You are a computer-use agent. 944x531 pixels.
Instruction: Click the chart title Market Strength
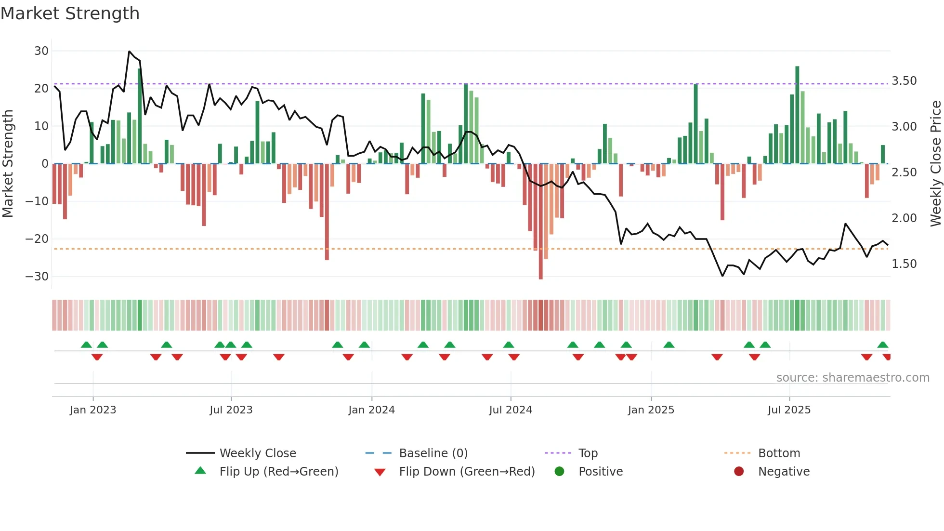pyautogui.click(x=70, y=13)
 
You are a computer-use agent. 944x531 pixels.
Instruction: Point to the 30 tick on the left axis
pyautogui.click(x=41, y=51)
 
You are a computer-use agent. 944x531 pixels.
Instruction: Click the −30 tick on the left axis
pyautogui.click(x=37, y=277)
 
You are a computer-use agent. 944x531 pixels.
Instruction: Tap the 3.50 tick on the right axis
pyautogui.click(x=904, y=81)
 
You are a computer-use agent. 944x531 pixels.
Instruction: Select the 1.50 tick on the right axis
pyautogui.click(x=904, y=264)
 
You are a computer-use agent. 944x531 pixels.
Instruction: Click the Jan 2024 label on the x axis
pyautogui.click(x=371, y=410)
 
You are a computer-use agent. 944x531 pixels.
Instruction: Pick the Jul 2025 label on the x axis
pyautogui.click(x=789, y=410)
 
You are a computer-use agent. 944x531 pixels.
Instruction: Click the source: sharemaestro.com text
pyautogui.click(x=852, y=378)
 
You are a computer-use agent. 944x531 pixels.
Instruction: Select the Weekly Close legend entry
pyautogui.click(x=258, y=453)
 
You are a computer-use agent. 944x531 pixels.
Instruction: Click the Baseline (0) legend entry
pyautogui.click(x=433, y=453)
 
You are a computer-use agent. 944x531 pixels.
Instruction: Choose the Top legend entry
pyautogui.click(x=588, y=453)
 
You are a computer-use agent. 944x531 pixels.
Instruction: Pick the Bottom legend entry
pyautogui.click(x=779, y=453)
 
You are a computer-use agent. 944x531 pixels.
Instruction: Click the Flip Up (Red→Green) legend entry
pyautogui.click(x=279, y=472)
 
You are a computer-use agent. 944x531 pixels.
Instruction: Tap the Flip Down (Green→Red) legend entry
pyautogui.click(x=467, y=472)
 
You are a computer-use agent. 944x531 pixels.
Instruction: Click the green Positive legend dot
pyautogui.click(x=559, y=472)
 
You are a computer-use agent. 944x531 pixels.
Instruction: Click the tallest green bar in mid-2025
pyautogui.click(x=797, y=116)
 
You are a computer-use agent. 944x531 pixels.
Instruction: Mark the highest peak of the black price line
pyautogui.click(x=129, y=52)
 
